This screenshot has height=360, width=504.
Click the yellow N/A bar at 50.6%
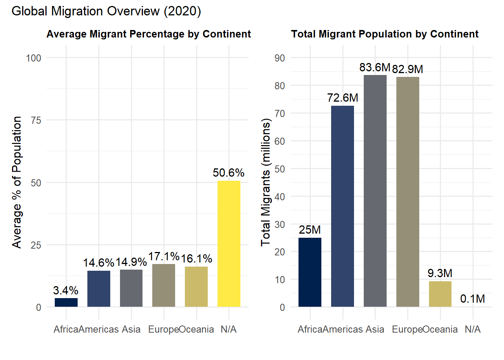click(x=229, y=244)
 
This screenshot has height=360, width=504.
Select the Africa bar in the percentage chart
click(x=66, y=303)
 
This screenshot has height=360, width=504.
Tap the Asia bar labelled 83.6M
click(x=375, y=191)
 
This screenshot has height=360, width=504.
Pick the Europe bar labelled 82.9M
click(x=408, y=192)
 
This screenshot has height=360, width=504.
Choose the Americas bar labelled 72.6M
click(x=342, y=206)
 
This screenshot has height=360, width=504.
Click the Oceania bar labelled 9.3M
click(x=440, y=294)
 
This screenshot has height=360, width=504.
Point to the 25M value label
click(x=310, y=230)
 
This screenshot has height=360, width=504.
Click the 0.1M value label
click(x=472, y=299)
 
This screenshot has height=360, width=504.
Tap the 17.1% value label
click(x=164, y=256)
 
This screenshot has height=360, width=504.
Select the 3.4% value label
click(x=66, y=291)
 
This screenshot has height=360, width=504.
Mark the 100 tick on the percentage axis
click(x=33, y=58)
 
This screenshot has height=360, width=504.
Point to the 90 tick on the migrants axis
click(x=280, y=58)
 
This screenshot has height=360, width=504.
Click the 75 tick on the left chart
click(x=36, y=120)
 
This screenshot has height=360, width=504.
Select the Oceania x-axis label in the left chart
click(x=196, y=330)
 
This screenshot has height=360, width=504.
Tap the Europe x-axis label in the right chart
click(x=407, y=330)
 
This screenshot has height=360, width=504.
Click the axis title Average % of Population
click(x=17, y=182)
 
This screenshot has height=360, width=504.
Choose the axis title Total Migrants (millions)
click(x=265, y=182)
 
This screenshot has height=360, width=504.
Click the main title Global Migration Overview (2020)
click(x=106, y=11)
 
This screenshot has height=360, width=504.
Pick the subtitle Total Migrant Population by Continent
click(x=385, y=34)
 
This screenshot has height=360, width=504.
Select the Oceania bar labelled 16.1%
click(x=196, y=286)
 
